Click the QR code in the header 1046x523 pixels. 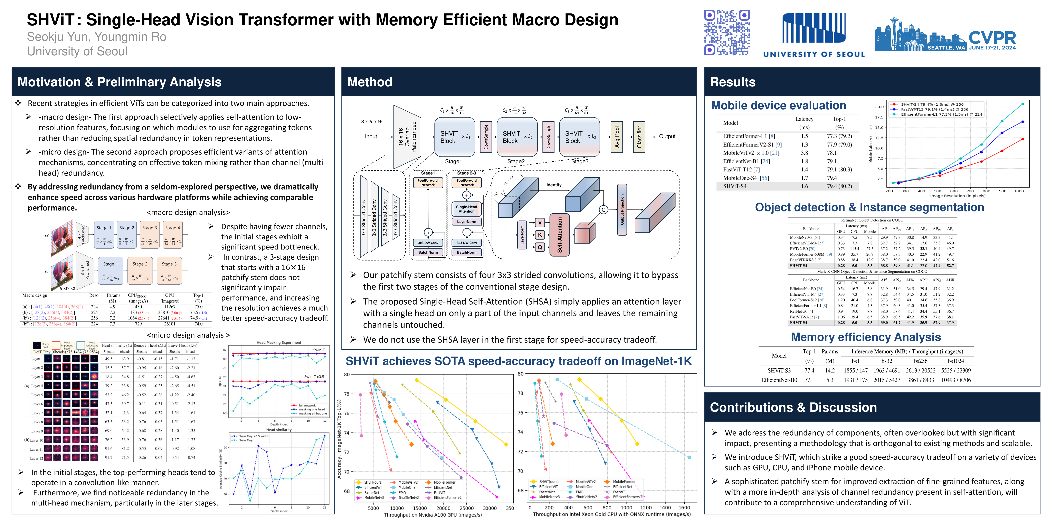coord(727,32)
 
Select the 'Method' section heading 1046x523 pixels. coord(370,82)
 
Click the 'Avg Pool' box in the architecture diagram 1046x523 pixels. coord(617,137)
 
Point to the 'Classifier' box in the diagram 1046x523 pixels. coord(639,137)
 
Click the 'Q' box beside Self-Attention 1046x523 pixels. coord(540,247)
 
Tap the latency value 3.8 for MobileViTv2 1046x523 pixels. coord(804,153)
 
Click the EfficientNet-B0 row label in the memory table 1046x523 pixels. coord(779,380)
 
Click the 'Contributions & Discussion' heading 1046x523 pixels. coord(793,407)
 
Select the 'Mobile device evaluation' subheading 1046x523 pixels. coord(778,106)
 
